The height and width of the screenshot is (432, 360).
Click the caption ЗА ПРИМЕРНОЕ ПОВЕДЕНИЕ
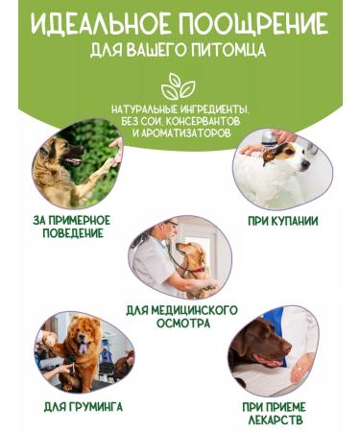(71, 228)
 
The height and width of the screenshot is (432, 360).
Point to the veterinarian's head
(169, 232)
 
